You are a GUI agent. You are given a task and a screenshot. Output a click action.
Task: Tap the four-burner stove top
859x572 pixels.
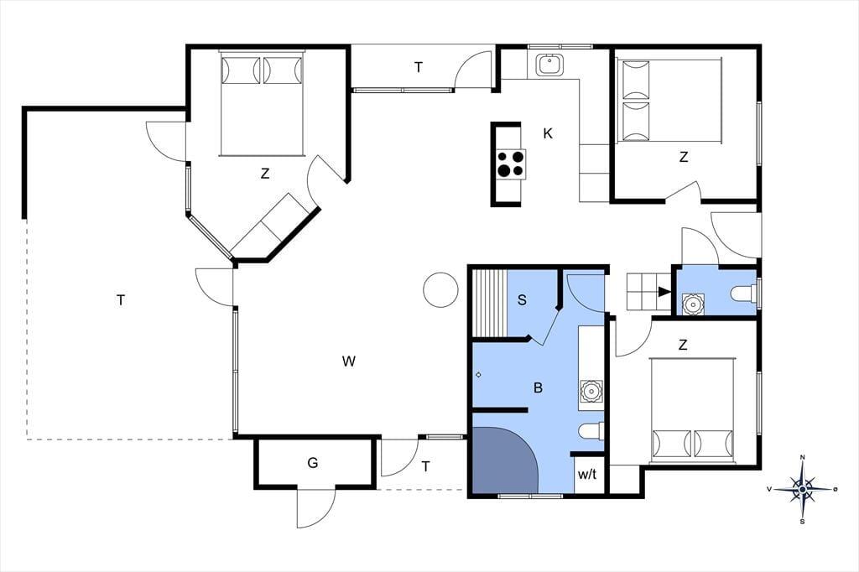[511, 164]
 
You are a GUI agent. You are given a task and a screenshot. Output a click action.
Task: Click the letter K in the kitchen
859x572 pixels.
[547, 133]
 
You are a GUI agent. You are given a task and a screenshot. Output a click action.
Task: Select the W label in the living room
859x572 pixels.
[348, 361]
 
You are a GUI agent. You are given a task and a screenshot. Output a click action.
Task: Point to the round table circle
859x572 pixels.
[440, 290]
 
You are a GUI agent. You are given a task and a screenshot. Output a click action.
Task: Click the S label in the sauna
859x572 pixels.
[522, 299]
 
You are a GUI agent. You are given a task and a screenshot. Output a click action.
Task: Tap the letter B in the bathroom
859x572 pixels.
[538, 388]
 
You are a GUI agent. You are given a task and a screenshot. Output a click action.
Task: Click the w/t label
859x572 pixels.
[587, 475]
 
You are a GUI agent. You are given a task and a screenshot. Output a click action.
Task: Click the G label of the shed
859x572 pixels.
[312, 463]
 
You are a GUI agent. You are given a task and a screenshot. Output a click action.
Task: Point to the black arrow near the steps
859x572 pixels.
[664, 292]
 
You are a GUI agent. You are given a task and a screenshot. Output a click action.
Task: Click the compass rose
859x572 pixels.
[803, 488]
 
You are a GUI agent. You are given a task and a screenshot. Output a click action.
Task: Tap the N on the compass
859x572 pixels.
[803, 457]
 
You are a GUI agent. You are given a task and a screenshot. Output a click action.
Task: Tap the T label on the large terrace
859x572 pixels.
[121, 300]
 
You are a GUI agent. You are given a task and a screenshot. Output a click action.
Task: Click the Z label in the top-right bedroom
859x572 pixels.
[683, 157]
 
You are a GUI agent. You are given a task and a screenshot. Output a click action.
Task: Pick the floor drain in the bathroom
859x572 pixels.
[478, 375]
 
